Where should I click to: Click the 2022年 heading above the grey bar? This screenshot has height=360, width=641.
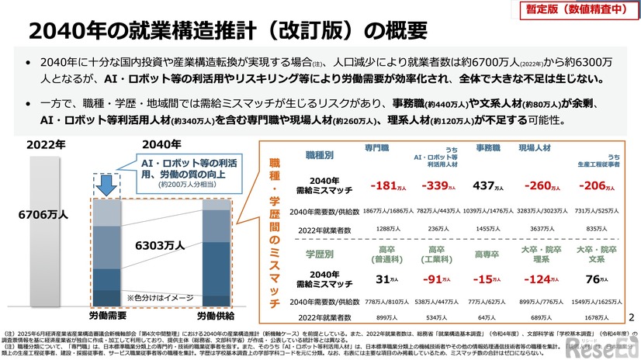tap(47, 144)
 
